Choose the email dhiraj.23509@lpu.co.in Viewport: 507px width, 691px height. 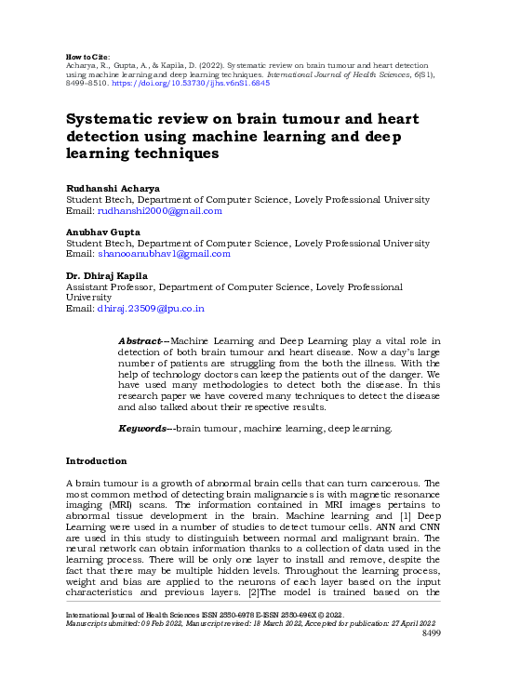click(151, 309)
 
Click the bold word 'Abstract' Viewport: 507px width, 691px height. click(140, 341)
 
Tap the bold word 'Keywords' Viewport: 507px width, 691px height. click(142, 428)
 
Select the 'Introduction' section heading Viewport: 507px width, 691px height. click(96, 461)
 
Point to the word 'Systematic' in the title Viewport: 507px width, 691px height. click(111, 120)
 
